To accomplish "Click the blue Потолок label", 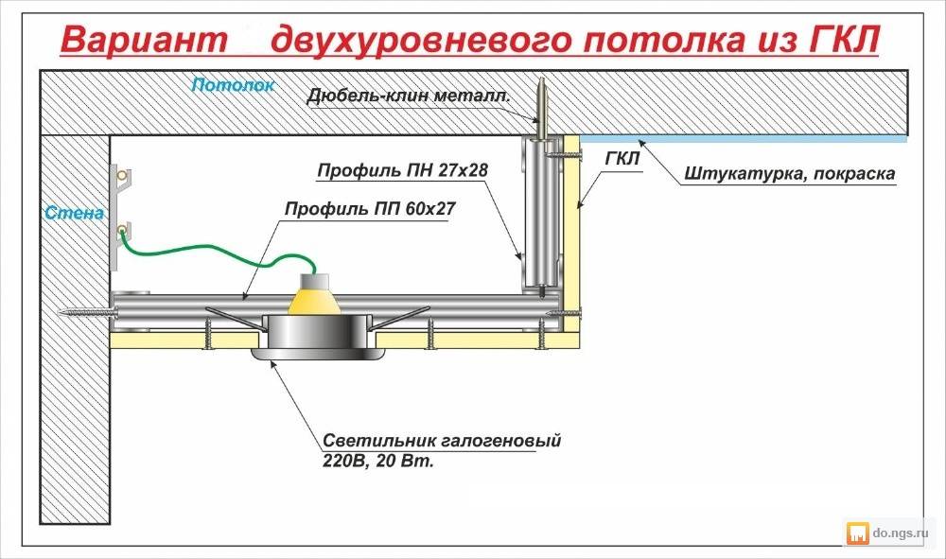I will pos(233,85).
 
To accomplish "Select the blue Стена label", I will pos(74,213).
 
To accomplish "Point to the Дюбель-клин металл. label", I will pos(409,96).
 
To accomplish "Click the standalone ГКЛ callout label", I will pos(622,159).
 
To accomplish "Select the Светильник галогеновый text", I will pos(442,441).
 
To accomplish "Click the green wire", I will pos(218,253).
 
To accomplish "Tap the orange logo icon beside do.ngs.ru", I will pos(858,533).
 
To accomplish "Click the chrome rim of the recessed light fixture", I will pos(312,354).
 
